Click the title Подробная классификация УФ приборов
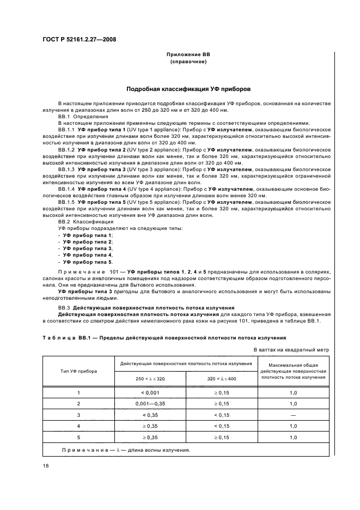188,88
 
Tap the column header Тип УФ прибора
78,371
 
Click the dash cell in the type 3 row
293,415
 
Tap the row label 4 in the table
78,426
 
